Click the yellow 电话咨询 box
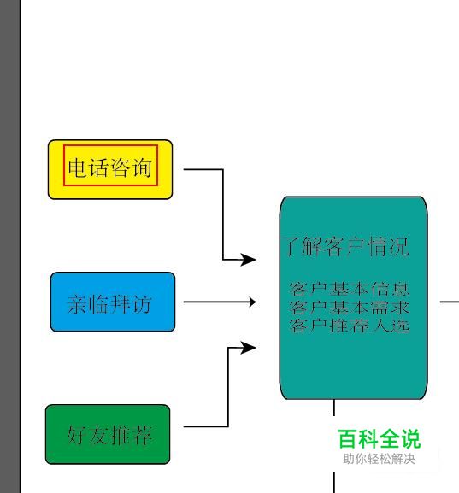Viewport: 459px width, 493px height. point(110,169)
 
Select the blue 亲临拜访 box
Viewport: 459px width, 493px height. point(113,302)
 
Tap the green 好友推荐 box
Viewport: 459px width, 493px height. point(108,434)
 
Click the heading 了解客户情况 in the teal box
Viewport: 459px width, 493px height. point(346,246)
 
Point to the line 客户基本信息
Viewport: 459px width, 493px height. point(350,290)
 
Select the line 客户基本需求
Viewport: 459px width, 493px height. point(350,308)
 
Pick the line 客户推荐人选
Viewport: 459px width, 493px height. point(350,326)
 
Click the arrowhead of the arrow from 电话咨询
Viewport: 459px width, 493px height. point(249,260)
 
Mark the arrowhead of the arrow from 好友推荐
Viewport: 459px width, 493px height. point(249,348)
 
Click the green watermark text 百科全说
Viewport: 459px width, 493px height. point(380,439)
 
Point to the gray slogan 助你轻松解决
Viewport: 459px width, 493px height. point(380,459)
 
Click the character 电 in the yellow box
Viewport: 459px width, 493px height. point(78,167)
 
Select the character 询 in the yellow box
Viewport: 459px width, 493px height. point(142,167)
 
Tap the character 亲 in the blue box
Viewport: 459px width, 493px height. point(77,304)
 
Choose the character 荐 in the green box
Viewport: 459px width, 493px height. point(142,436)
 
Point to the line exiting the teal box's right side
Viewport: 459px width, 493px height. point(450,302)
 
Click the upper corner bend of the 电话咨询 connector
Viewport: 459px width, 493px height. point(223,169)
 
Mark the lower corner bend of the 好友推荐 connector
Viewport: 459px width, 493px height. point(227,426)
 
